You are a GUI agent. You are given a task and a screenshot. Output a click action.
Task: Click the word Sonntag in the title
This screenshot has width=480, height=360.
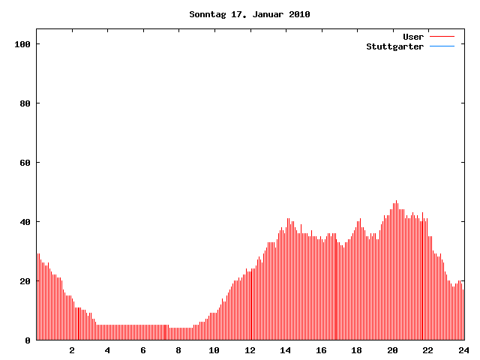(x=205, y=14)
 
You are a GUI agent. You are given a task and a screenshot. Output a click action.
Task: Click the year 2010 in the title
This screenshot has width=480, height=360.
(x=299, y=14)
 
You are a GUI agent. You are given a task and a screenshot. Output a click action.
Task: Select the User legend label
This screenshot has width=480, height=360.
(x=413, y=37)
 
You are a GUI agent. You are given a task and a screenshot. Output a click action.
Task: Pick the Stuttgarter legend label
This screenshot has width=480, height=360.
(x=394, y=46)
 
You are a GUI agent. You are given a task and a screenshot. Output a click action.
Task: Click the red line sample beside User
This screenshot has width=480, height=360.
(x=442, y=37)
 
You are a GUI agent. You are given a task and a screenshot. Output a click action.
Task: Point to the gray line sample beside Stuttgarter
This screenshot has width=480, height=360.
(x=442, y=46)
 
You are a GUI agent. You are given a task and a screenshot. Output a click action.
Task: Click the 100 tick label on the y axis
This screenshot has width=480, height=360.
(x=22, y=44)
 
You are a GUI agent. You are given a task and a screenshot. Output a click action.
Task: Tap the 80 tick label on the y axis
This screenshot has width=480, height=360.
(x=25, y=103)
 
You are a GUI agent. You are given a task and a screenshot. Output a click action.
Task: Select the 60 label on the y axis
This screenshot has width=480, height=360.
(x=25, y=163)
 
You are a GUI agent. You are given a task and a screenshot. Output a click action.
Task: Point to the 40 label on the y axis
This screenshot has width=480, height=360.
(x=25, y=222)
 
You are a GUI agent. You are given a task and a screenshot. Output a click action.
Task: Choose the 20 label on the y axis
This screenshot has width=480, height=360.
(x=25, y=281)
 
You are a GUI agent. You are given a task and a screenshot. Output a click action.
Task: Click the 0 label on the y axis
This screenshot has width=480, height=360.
(x=28, y=340)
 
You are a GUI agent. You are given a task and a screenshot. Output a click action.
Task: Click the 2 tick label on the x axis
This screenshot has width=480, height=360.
(x=72, y=350)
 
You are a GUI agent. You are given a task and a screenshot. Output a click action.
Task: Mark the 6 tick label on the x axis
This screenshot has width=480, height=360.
(x=143, y=350)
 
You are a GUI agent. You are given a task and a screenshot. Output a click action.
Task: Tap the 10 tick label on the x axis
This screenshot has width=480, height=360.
(x=214, y=350)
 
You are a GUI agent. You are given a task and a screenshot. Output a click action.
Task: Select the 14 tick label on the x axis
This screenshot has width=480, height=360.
(x=285, y=350)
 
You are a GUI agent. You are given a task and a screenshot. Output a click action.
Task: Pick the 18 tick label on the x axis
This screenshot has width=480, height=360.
(x=356, y=350)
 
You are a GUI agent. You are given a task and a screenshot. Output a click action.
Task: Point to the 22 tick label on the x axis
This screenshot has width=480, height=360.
(x=427, y=350)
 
